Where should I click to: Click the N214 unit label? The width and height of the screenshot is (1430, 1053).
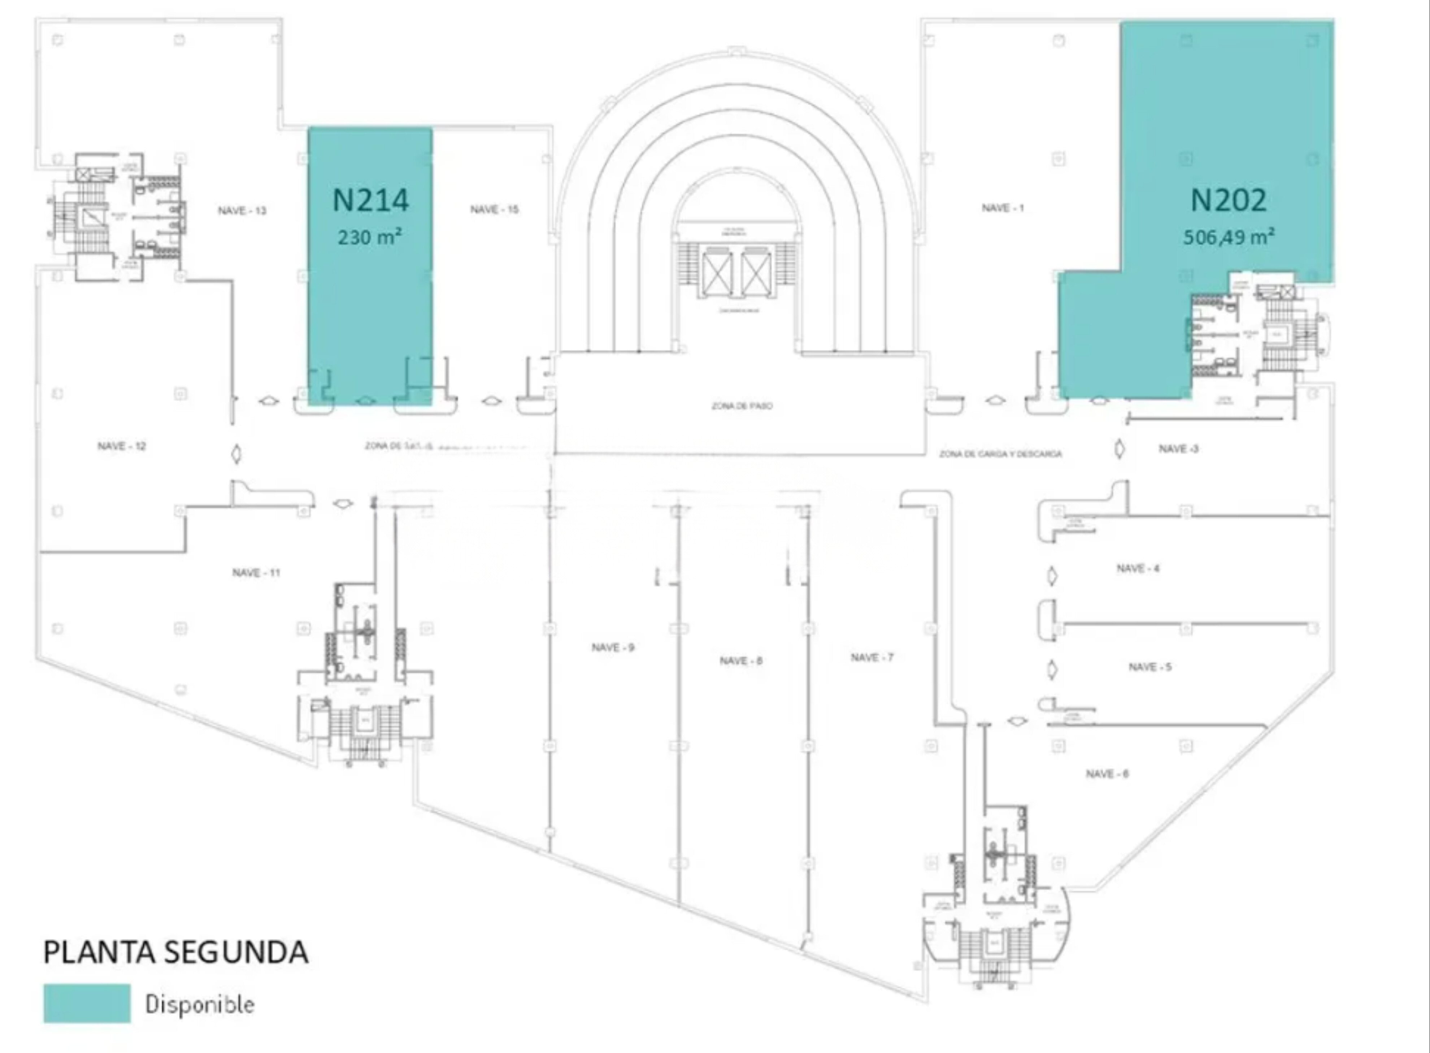pyautogui.click(x=370, y=200)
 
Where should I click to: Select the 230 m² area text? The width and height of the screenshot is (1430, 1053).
pyautogui.click(x=370, y=237)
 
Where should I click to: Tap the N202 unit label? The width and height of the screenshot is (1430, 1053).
pyautogui.click(x=1228, y=200)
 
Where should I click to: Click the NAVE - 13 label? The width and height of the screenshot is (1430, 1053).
pyautogui.click(x=242, y=210)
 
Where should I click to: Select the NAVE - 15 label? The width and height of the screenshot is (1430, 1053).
pyautogui.click(x=495, y=209)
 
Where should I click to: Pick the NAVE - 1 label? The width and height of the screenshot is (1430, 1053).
pyautogui.click(x=1003, y=208)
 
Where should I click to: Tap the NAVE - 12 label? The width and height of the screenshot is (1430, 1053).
pyautogui.click(x=122, y=446)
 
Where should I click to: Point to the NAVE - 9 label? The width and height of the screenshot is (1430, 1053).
pyautogui.click(x=612, y=647)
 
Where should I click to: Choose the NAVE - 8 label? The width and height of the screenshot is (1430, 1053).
pyautogui.click(x=740, y=660)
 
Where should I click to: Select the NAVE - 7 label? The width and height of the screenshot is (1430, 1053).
pyautogui.click(x=872, y=657)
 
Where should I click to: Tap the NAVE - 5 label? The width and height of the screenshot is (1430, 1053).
pyautogui.click(x=1149, y=667)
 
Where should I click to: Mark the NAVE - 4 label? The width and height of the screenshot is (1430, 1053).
pyautogui.click(x=1138, y=568)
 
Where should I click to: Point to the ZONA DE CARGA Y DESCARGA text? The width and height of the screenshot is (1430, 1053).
pyautogui.click(x=1000, y=454)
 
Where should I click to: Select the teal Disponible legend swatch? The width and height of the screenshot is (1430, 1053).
pyautogui.click(x=87, y=1003)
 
